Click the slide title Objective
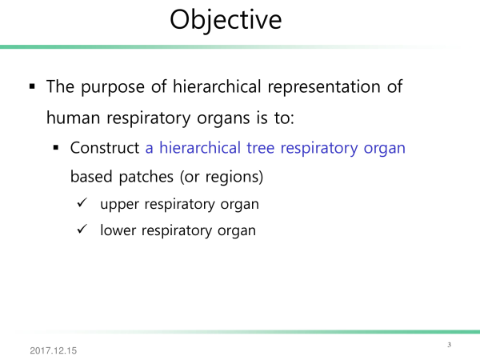[226, 20]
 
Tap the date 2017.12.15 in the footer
[54, 350]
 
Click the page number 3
[449, 345]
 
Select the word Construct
[105, 148]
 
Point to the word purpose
[113, 87]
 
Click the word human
[73, 118]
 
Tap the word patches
[146, 177]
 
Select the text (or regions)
[222, 177]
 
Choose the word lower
[118, 230]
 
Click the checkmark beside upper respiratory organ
[82, 202]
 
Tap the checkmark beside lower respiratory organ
[82, 229]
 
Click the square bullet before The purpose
[32, 86]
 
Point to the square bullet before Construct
[56, 148]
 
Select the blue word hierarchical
[200, 148]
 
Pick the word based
[91, 177]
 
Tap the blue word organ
[385, 149]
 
